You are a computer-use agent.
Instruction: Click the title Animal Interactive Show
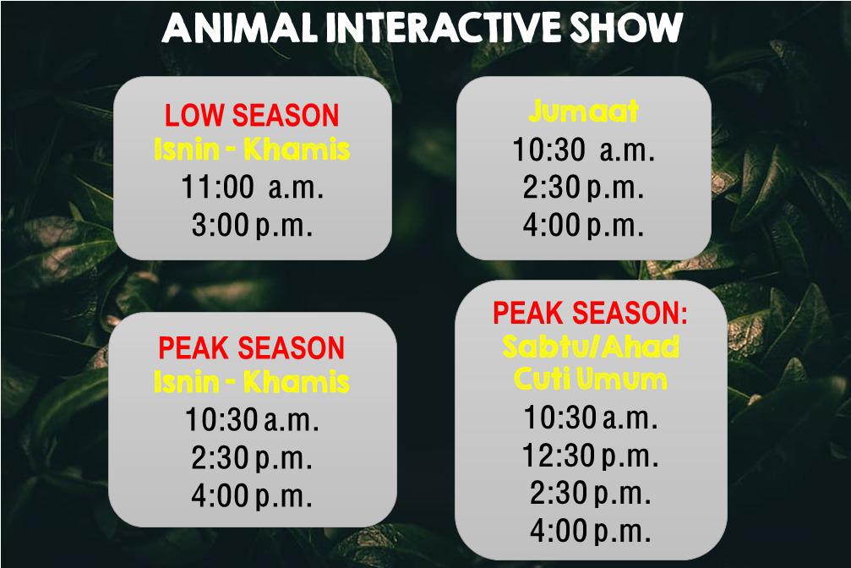423,27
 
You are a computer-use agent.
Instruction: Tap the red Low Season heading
252,115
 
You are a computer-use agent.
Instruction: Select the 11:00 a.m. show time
252,187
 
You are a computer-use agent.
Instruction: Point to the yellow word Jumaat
583,112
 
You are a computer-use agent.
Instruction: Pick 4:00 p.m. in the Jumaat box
583,225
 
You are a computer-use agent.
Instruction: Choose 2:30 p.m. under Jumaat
583,188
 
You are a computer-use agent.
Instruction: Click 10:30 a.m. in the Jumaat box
583,150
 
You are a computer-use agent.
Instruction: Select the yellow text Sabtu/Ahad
591,347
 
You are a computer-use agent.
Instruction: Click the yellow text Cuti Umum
591,378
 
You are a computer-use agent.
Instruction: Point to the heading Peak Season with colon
590,313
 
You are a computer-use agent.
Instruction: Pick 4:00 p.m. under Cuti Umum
591,531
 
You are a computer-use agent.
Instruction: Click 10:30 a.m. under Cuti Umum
591,418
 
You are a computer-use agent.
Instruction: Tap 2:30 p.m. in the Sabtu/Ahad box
591,493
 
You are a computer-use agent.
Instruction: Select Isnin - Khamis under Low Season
252,150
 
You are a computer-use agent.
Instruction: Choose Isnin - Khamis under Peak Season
252,381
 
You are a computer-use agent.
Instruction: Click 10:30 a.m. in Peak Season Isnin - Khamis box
252,420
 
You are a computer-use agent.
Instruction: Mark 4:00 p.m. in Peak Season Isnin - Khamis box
252,496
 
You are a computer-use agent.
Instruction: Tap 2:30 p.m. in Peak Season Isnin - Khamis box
252,458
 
